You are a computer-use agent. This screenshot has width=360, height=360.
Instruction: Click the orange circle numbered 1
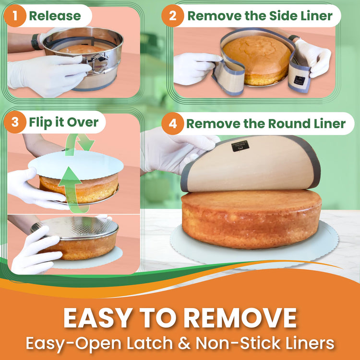coord(15,16)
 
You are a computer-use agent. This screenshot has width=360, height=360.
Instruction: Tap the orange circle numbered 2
coord(172,16)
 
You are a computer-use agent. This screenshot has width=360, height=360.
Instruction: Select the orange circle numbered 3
coord(15,122)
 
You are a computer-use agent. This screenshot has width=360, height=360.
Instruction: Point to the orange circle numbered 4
coord(172,123)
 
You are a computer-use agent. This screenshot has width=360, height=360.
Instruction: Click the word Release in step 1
coord(55,16)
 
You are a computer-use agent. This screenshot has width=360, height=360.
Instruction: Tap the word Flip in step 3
coord(41,122)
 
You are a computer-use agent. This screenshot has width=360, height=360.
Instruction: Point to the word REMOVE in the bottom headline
coord(240,318)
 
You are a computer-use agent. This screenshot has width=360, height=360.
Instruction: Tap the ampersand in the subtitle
coord(184,344)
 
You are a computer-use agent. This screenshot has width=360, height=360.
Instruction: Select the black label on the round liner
coord(240,146)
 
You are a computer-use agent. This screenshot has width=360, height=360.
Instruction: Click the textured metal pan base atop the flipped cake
coord(79,228)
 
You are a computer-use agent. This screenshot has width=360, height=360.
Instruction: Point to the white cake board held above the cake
coord(76,165)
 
